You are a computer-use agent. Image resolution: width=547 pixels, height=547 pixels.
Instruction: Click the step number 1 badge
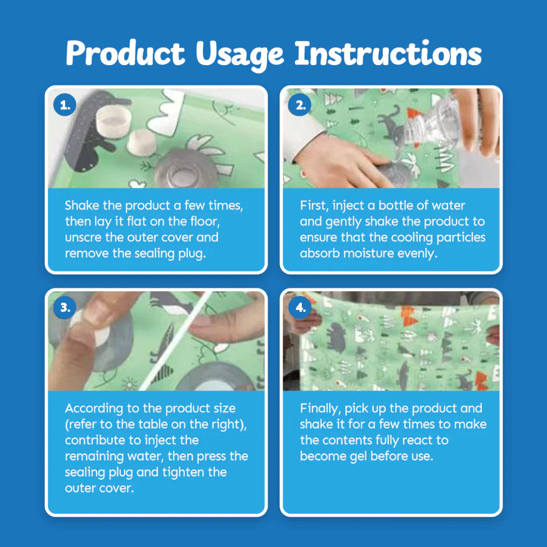tap(65, 105)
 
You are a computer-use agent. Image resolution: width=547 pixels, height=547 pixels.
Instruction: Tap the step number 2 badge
tap(300, 105)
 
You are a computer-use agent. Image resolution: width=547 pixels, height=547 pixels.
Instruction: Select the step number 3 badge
tap(65, 307)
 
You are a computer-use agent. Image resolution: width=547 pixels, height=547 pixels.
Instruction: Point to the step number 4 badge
tap(300, 307)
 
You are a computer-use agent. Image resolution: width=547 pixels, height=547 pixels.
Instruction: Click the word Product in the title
tap(125, 53)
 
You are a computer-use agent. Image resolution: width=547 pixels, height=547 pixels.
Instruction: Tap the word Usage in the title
tap(240, 55)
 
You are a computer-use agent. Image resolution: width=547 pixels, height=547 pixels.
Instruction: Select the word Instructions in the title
tap(388, 53)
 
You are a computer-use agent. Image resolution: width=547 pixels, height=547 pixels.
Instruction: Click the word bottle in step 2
tap(396, 205)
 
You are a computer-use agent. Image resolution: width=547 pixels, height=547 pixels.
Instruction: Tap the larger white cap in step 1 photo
tap(113, 121)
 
